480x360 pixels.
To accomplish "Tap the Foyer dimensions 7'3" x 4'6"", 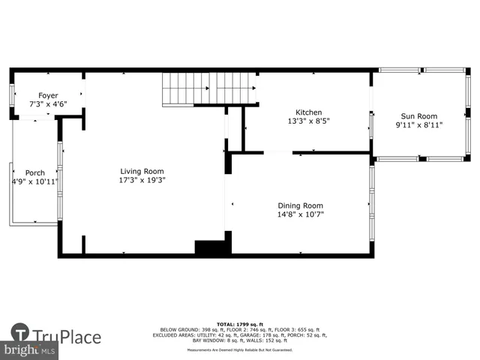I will coord(48,105).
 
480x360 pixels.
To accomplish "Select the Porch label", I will coord(35,172).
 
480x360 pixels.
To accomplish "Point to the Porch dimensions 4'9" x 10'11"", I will coord(35,181).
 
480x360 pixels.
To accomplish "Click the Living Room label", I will coord(142,171).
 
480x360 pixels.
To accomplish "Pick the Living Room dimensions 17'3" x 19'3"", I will coord(142,180).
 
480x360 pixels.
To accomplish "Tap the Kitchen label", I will coord(308,112).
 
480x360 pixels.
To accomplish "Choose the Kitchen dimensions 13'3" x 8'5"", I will coord(308,121).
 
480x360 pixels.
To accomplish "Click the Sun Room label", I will coord(418,116).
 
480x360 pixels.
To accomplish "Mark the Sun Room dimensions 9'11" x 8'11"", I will coord(418,125).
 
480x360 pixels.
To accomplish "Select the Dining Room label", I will coord(300,205).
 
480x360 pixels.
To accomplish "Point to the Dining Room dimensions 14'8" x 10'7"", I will coord(300,214).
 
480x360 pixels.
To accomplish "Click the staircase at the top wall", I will coord(210,89).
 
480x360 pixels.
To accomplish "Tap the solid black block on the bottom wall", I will coord(209,248).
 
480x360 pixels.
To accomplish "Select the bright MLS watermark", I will coord(30,349).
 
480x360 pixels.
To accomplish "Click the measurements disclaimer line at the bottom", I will coord(240,350).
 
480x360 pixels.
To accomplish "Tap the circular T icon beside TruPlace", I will coord(20,332).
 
